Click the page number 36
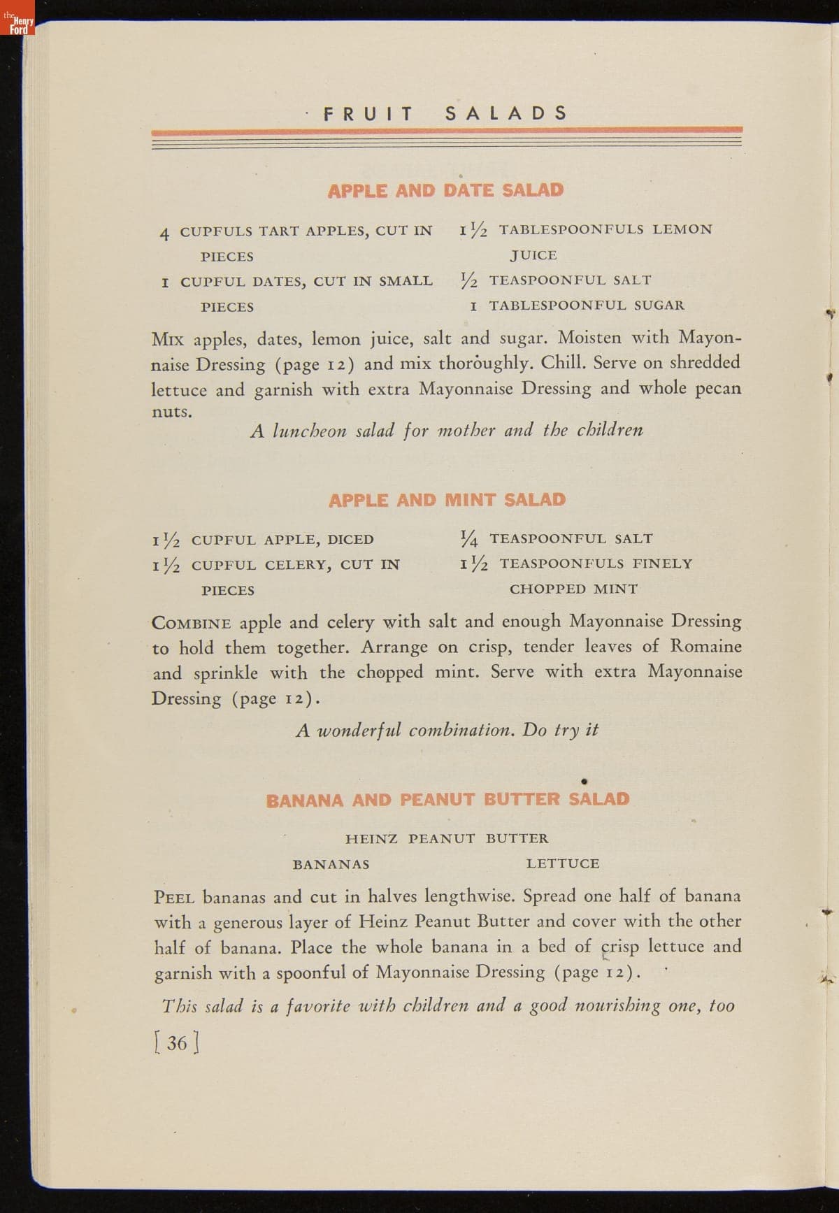click(177, 1042)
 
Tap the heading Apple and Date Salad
click(445, 190)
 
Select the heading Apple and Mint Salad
click(447, 500)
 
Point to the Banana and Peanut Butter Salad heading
click(447, 799)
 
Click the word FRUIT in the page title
click(368, 113)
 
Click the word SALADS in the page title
click(506, 113)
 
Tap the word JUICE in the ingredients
click(533, 255)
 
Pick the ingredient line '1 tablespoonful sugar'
click(577, 306)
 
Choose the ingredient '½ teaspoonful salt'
click(556, 280)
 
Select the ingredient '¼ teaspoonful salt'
click(557, 538)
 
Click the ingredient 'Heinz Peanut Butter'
click(447, 838)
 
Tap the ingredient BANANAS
click(331, 864)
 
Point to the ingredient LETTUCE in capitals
click(563, 863)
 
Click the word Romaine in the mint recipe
click(706, 646)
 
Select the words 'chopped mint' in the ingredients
click(573, 589)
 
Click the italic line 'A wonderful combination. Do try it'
click(447, 730)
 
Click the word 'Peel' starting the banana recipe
click(174, 897)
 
